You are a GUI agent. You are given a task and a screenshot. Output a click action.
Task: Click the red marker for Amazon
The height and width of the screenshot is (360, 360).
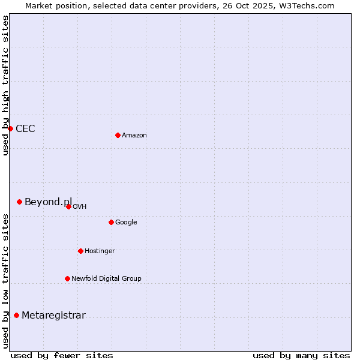coord(118,135)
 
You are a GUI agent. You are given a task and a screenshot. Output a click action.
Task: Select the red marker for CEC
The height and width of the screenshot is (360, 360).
coord(10,128)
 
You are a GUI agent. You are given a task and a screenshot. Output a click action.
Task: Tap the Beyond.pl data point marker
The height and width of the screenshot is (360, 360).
coord(19,202)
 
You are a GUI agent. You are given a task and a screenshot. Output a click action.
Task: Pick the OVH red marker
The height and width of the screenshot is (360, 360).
coord(68,206)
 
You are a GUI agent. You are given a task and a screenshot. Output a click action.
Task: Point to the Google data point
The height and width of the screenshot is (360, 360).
coord(111,222)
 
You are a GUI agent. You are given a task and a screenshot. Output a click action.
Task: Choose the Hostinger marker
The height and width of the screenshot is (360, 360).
coord(80,251)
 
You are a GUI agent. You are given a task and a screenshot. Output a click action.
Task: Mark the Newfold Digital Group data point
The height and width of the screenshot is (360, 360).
coord(67,278)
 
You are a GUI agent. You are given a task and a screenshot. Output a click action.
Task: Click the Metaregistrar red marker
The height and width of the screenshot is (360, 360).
coord(16,315)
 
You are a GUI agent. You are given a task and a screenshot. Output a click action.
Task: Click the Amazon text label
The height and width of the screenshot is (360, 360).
coord(134,136)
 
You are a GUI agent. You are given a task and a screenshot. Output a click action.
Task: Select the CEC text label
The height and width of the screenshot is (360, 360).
coord(25,128)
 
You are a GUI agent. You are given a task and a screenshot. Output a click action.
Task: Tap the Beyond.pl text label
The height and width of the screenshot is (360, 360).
coord(48,202)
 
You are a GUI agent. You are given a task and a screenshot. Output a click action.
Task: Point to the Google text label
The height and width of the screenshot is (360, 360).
coord(126,223)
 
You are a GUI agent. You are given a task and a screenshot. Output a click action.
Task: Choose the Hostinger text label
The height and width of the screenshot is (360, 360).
coord(100,251)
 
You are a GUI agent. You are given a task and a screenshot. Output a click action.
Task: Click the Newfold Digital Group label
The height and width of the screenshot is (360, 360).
coord(106,279)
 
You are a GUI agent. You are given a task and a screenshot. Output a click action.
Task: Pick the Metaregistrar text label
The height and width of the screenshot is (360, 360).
coord(53,316)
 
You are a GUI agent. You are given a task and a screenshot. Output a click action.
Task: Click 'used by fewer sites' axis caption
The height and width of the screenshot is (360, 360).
coord(61,355)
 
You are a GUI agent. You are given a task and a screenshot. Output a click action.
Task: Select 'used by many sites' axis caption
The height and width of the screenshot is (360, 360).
coord(301,355)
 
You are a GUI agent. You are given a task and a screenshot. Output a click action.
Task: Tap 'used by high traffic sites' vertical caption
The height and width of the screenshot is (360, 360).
coord(5,85)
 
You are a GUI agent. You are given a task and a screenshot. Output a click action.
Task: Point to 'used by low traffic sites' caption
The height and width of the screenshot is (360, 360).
coord(5,281)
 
